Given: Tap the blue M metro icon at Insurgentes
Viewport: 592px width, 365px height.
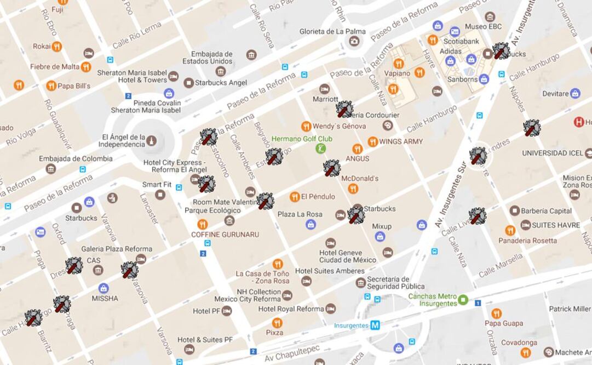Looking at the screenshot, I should point(375,325).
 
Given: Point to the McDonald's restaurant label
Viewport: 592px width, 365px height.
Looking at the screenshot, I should point(360,179).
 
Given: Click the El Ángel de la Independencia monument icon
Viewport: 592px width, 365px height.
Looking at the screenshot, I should point(152,141).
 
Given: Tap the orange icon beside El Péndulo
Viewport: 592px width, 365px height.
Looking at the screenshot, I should point(295,197).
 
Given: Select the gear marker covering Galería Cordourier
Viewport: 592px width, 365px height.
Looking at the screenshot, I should point(344,109).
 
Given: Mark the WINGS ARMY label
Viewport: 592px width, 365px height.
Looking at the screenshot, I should point(401,141).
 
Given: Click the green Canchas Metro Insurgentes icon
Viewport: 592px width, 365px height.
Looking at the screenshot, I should point(463,299).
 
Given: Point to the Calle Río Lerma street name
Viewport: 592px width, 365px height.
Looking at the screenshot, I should point(137,36).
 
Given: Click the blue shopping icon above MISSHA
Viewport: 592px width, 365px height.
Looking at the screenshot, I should point(104,288).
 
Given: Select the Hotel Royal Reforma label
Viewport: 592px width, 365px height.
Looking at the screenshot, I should point(291,309).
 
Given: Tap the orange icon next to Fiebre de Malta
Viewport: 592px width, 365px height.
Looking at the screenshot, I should point(86,67).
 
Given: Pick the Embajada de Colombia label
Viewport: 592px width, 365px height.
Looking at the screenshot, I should point(76,158).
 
